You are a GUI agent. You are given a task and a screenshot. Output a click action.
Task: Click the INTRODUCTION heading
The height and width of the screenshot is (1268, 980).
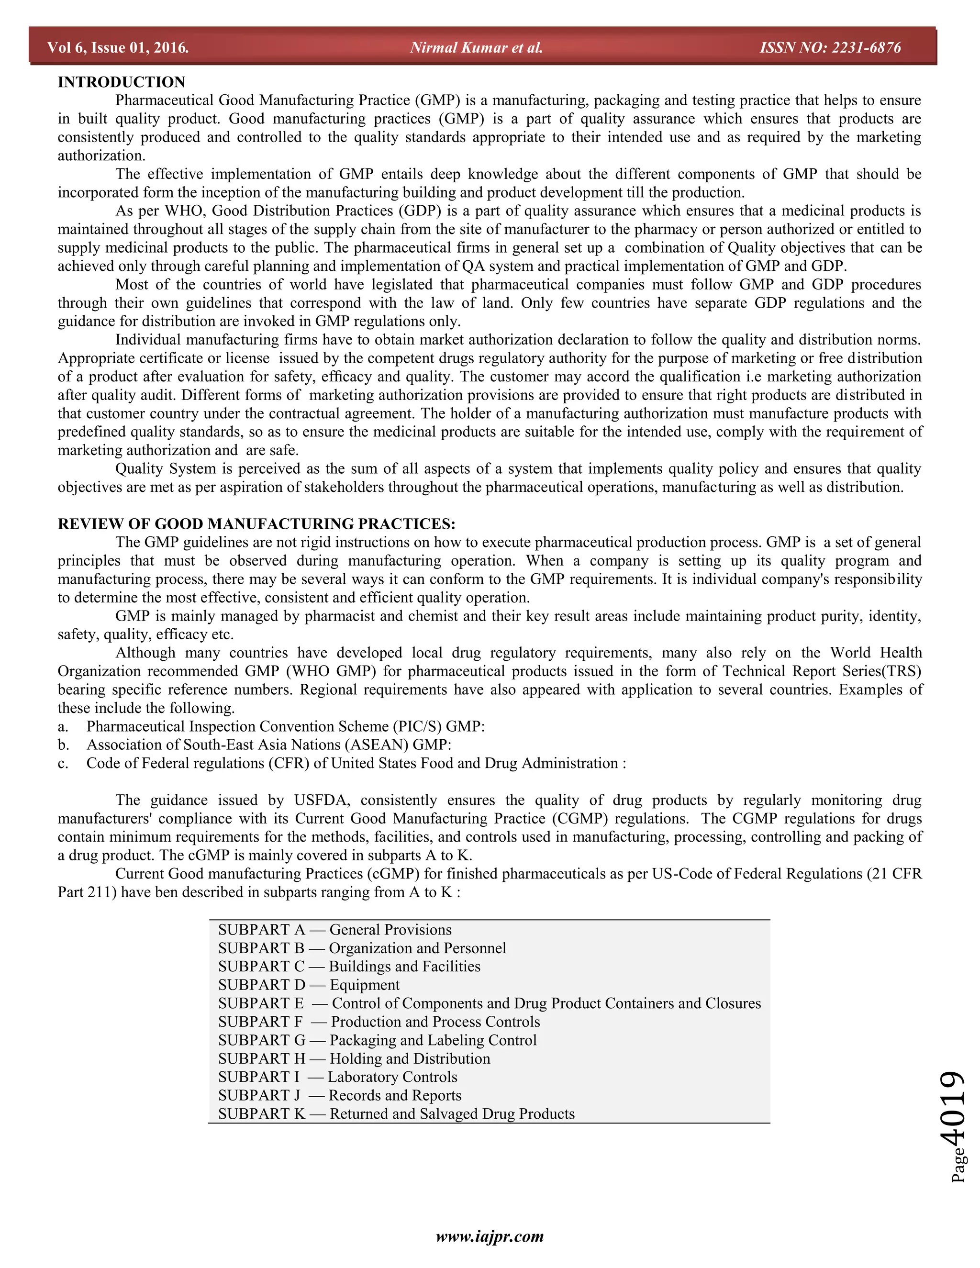point(122,82)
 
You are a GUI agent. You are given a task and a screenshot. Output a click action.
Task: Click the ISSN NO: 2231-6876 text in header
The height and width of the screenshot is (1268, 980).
point(830,47)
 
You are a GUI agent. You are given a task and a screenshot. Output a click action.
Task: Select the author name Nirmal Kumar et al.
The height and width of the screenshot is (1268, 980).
point(476,47)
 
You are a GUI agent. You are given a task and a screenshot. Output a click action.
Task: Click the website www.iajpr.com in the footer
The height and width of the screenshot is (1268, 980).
point(490,1236)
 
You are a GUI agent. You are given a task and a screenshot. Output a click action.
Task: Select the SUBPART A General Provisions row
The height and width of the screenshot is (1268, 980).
point(334,930)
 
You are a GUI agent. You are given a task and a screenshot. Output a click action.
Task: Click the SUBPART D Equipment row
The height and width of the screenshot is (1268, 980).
point(309,985)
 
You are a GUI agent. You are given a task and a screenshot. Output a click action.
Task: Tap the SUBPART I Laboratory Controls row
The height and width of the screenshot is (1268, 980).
point(337,1077)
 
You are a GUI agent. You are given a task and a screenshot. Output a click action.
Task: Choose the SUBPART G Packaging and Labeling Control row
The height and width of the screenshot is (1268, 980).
point(378,1040)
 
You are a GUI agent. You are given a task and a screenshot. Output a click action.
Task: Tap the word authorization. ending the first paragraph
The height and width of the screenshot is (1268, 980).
point(101,156)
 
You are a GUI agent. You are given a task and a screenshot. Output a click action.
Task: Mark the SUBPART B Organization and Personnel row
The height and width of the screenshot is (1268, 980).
point(362,948)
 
